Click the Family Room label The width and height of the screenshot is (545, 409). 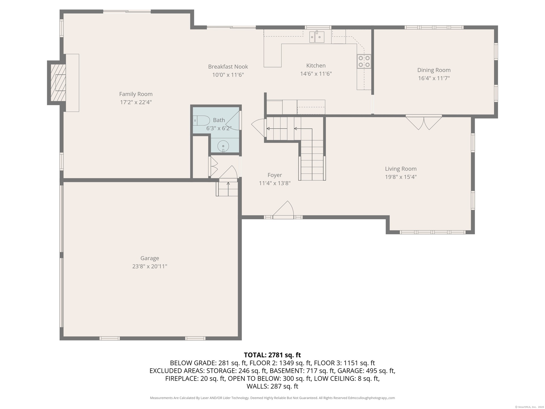[136, 94]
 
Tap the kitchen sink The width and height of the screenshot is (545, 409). [317, 37]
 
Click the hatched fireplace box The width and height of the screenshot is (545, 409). [58, 83]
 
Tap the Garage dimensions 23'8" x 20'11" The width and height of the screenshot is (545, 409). [150, 266]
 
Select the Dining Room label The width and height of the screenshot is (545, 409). [434, 70]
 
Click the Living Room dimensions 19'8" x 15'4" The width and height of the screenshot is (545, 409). [401, 177]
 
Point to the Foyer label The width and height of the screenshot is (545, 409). [274, 175]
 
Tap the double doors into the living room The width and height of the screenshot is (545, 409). [424, 122]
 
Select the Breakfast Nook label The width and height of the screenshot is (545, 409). [228, 67]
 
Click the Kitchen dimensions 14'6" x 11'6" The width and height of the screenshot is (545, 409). [316, 74]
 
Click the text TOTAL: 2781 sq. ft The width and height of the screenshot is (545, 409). [272, 355]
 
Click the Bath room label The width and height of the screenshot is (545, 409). [219, 120]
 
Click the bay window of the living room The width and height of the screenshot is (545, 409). [432, 232]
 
